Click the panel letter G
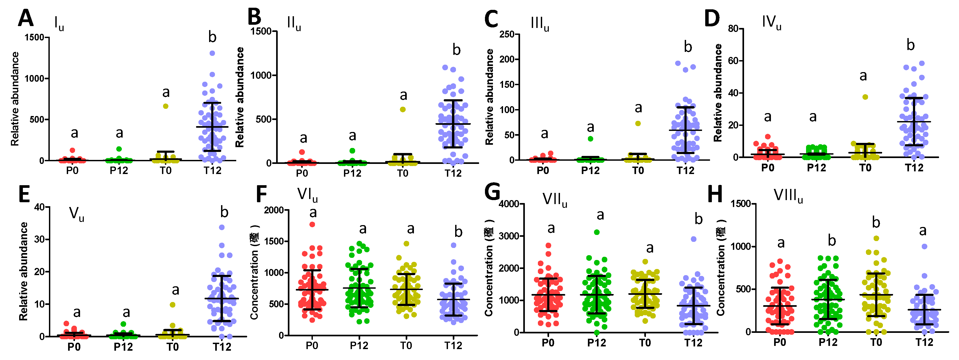tap(492, 193)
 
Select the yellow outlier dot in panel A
tap(166, 106)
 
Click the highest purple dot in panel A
tap(212, 53)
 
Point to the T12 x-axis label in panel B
tap(453, 173)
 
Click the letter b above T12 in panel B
tap(456, 50)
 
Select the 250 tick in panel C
tap(507, 34)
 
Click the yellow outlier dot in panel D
tap(865, 97)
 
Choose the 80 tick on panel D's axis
tap(733, 29)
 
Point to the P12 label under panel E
tap(123, 347)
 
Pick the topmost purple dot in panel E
tap(222, 227)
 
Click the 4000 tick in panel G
tap(509, 204)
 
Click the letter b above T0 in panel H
tap(876, 223)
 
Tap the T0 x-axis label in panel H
tap(876, 342)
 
